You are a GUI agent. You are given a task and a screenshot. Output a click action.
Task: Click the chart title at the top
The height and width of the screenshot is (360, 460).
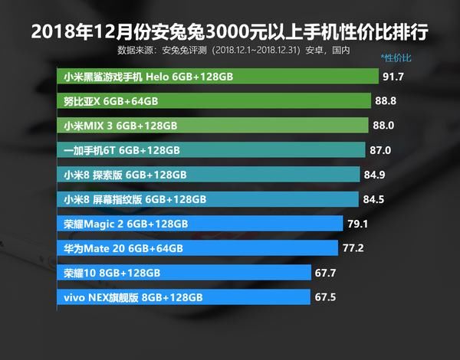[x=229, y=33]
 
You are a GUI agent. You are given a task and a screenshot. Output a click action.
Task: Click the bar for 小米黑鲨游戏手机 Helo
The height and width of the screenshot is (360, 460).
[x=219, y=77]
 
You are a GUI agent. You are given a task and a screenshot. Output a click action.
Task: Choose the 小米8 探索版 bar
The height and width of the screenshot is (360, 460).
[x=208, y=175]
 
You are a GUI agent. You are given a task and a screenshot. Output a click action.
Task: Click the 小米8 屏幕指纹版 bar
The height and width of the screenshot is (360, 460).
[x=207, y=199]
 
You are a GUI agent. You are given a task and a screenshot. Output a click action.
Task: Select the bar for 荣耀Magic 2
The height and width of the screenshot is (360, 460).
[x=199, y=224]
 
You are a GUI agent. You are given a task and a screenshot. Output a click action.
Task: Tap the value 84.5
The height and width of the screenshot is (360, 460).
[x=373, y=199]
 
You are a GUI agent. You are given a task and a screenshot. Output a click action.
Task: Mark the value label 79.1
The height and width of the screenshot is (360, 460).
[x=358, y=224]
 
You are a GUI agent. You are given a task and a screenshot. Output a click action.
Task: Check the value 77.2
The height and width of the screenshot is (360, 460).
[x=353, y=248]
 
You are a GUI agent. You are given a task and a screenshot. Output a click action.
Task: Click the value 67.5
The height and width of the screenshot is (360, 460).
[x=325, y=297]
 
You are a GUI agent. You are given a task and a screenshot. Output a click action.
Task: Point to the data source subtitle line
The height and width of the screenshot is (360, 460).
[x=234, y=51]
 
